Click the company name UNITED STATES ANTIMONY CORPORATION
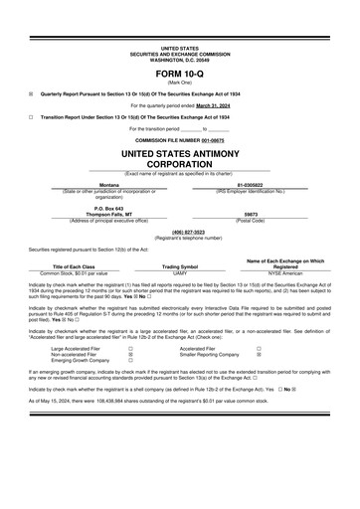pyautogui.click(x=180, y=162)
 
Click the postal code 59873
pyautogui.click(x=251, y=214)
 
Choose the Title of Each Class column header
pyautogui.click(x=74, y=266)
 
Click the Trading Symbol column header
pyautogui.click(x=180, y=266)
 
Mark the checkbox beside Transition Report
pyautogui.click(x=31, y=116)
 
